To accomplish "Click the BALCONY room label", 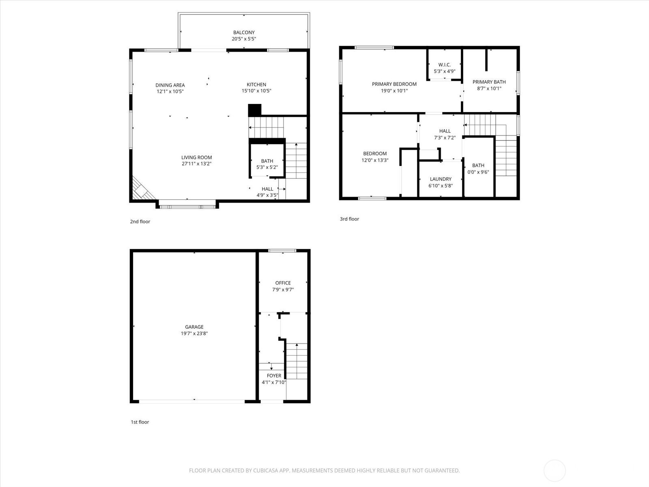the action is [244, 32].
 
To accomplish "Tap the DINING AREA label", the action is [170, 85].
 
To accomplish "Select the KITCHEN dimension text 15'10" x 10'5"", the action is [256, 91].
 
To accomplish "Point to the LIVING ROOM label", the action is [197, 157].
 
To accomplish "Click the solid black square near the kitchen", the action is [255, 110].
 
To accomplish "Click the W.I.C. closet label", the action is [445, 65].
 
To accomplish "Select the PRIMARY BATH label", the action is [489, 82].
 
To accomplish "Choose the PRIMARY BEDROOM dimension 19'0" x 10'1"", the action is [394, 91].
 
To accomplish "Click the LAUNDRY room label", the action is [441, 179].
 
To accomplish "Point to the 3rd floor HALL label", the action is [445, 131].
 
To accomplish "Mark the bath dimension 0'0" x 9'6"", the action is [478, 172].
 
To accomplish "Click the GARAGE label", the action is [194, 327].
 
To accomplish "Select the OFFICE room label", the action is [283, 283].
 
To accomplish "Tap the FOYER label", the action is [274, 375].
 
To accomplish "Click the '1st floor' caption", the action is [140, 422].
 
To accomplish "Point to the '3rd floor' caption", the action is [349, 219].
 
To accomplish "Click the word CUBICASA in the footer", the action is [265, 470].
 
